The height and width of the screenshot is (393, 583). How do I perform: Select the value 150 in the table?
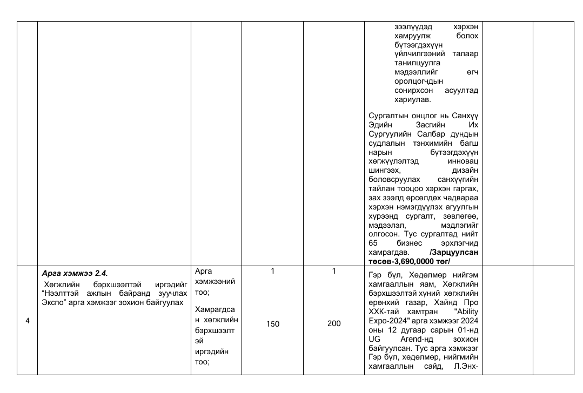click(272, 323)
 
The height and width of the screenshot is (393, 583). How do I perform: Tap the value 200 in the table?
click(334, 323)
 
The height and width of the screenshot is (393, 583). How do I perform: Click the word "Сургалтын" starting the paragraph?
click(387, 117)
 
